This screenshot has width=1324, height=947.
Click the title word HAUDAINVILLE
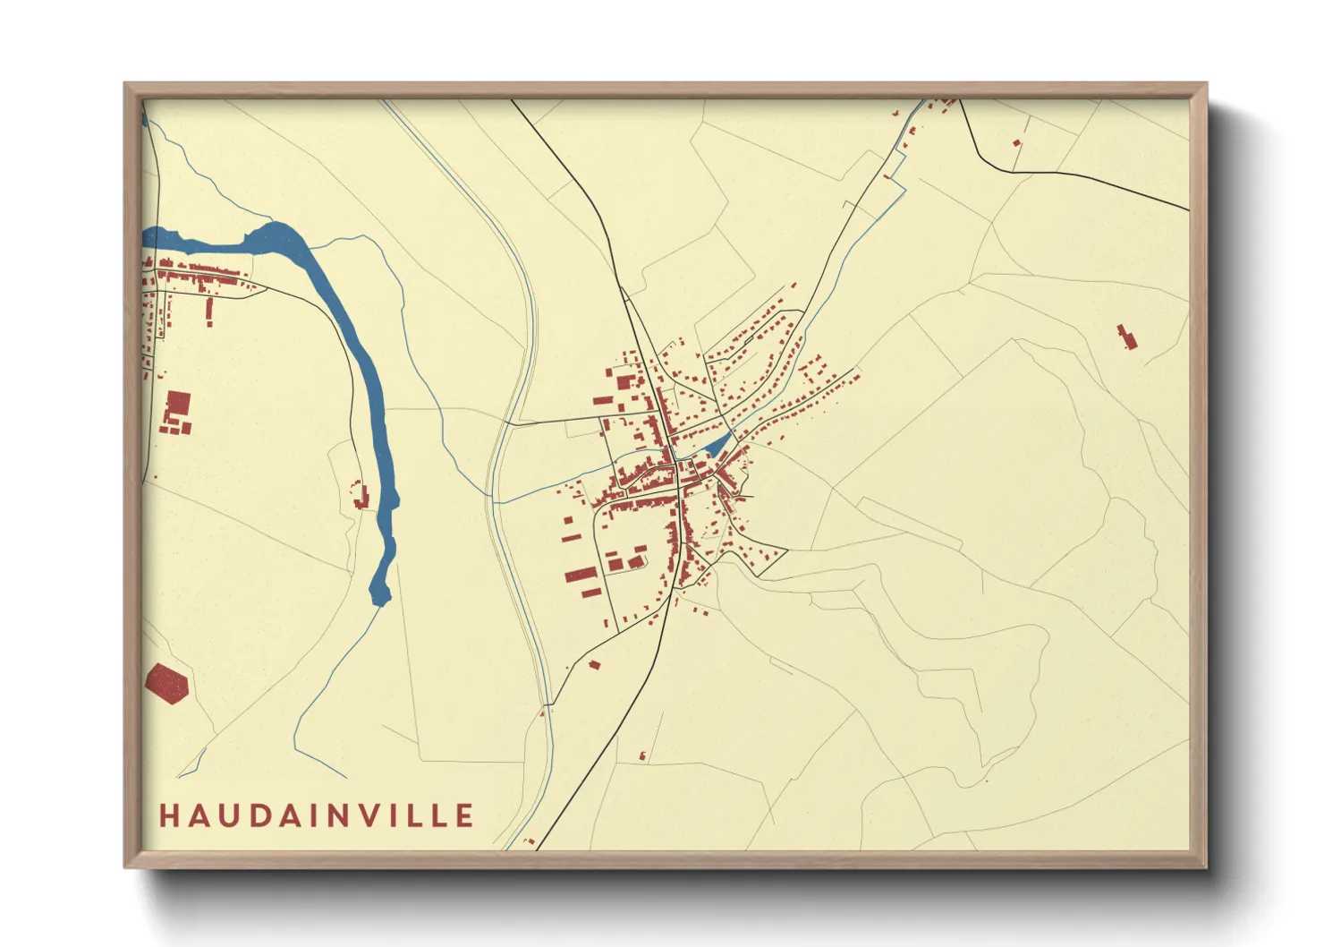click(x=317, y=815)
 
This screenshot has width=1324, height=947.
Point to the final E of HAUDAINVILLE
click(x=464, y=815)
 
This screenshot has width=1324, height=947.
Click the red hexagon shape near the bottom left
click(x=167, y=683)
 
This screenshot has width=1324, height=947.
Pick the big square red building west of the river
click(x=179, y=403)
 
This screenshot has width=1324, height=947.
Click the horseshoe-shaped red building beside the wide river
click(x=360, y=495)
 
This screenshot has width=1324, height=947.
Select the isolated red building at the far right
click(x=1127, y=337)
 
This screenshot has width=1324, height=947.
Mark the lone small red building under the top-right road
click(x=1016, y=142)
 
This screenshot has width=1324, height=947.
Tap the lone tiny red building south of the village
click(x=642, y=756)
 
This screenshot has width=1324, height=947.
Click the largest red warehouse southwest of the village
click(x=581, y=574)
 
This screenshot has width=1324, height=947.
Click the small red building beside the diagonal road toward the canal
click(x=594, y=665)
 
